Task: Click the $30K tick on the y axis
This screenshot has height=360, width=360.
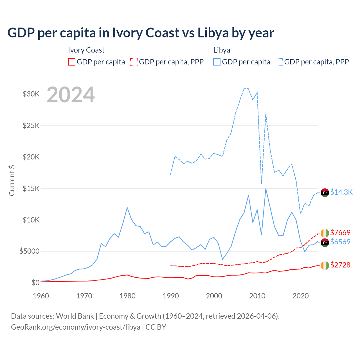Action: tap(31, 94)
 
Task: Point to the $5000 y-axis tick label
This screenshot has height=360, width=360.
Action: tap(29, 251)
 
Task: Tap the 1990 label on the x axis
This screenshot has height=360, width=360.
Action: tap(171, 296)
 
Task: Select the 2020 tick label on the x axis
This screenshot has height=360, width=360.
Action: tap(301, 296)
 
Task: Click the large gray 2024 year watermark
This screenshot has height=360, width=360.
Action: tap(71, 95)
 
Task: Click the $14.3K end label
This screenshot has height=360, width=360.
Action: tap(341, 192)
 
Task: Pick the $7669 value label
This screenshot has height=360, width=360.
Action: tap(340, 233)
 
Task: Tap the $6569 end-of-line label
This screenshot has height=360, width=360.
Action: tap(340, 242)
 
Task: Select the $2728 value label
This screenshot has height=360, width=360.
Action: tap(340, 265)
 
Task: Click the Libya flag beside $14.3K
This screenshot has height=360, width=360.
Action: tap(325, 193)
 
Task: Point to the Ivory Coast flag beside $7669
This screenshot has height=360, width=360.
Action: tap(325, 233)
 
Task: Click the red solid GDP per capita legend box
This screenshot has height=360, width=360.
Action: tap(72, 62)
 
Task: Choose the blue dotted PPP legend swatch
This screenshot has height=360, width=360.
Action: tap(279, 62)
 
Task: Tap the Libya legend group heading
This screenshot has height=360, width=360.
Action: tap(222, 50)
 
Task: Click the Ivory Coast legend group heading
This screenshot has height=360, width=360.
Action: tap(86, 50)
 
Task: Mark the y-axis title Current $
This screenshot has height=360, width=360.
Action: tap(12, 180)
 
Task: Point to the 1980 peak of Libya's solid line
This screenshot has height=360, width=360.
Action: tap(127, 208)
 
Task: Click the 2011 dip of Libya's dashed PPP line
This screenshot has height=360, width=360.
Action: tap(262, 183)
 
